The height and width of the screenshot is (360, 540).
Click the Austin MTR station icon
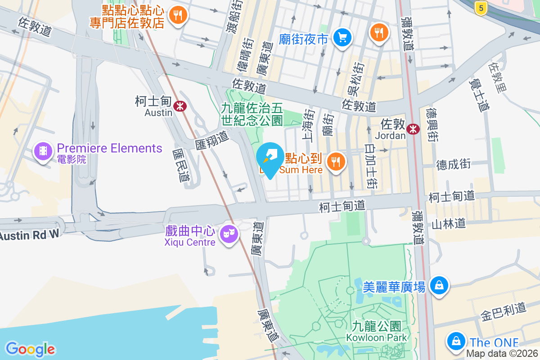[180, 106]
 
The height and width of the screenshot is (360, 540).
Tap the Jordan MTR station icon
[413, 130]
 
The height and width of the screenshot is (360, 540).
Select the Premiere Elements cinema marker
[43, 151]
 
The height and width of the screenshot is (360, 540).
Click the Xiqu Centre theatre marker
[229, 234]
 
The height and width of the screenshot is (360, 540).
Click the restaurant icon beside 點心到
[335, 161]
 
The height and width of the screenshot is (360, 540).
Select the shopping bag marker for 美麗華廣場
[439, 285]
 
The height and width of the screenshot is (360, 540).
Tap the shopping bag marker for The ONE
[456, 341]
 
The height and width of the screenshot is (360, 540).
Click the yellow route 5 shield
[481, 8]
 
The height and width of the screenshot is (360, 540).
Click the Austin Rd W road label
[29, 235]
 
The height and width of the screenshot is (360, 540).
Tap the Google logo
[30, 349]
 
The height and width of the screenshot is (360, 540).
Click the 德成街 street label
[454, 164]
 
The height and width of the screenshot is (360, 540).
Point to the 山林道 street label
[449, 224]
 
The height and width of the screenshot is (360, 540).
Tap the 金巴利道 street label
[503, 311]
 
